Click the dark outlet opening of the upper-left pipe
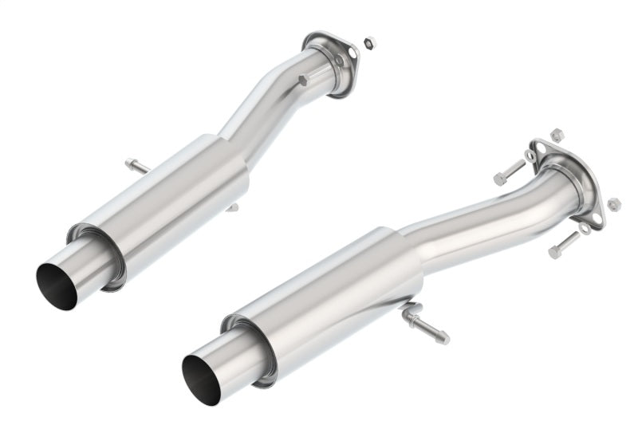[x=57, y=285]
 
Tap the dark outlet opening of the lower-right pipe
[x=201, y=378]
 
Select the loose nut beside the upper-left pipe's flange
[x=369, y=41]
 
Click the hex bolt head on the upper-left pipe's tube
[x=302, y=80]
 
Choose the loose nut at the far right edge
[x=612, y=205]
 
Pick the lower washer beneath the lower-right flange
[x=585, y=228]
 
